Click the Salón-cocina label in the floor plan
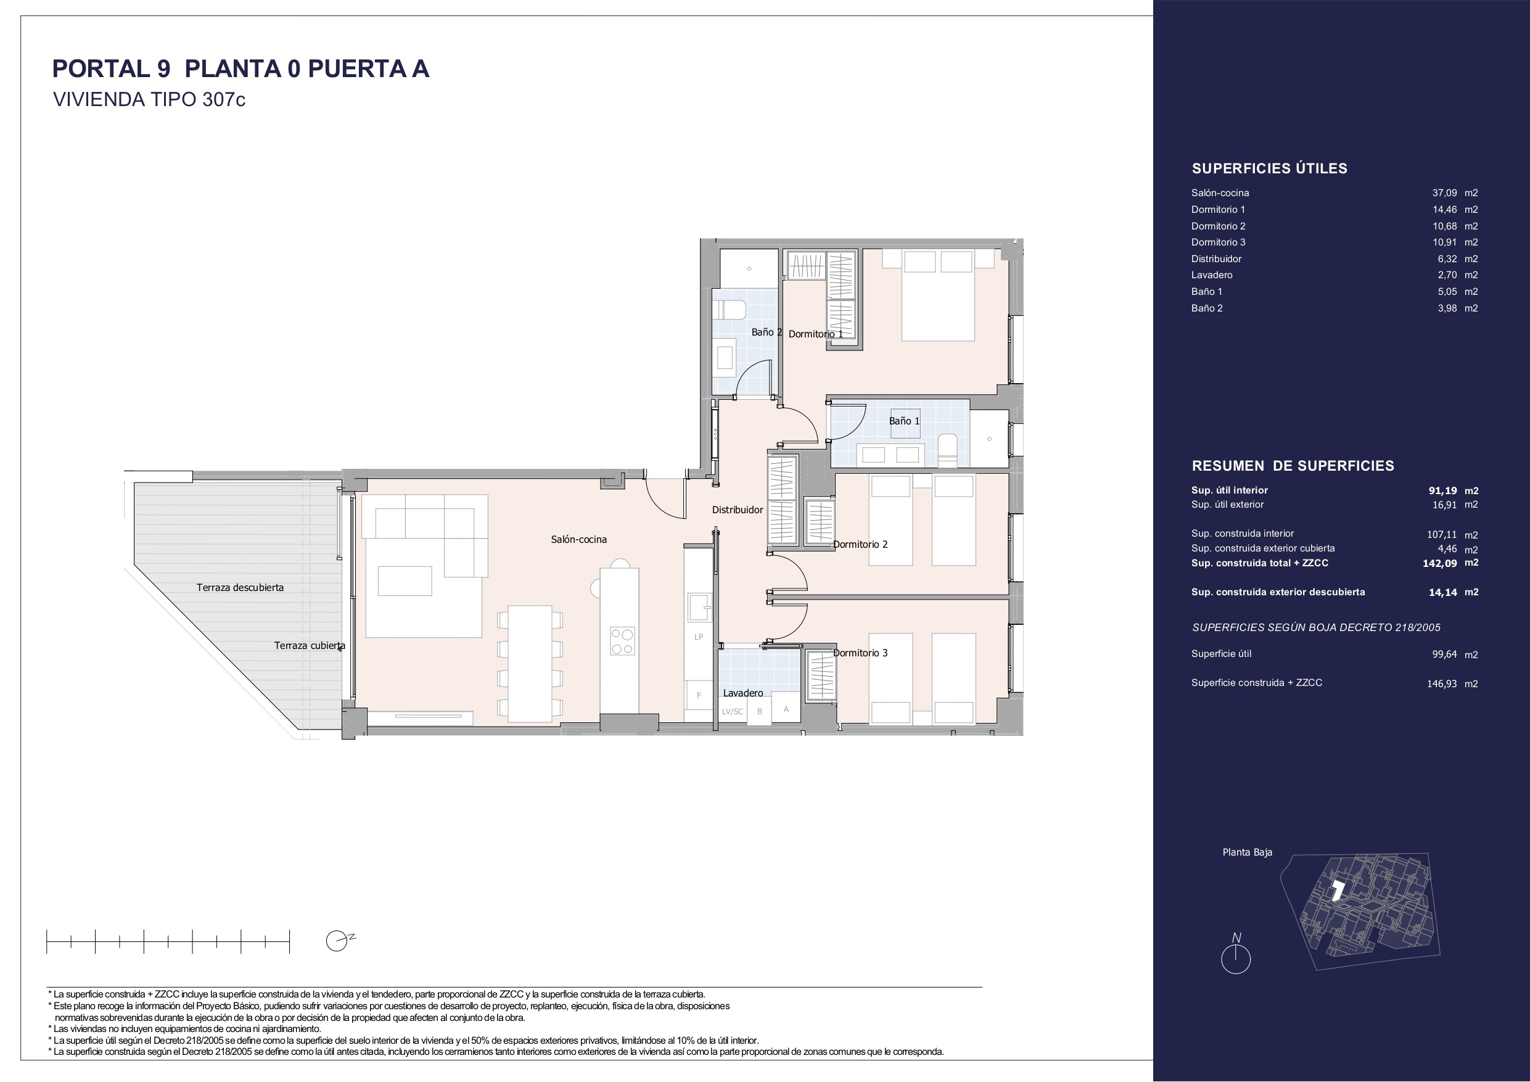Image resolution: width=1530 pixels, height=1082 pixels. tap(578, 539)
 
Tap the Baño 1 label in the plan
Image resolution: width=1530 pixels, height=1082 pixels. tap(904, 421)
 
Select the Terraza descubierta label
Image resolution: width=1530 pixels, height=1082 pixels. tap(240, 587)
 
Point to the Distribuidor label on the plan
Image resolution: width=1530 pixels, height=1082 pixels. tap(737, 510)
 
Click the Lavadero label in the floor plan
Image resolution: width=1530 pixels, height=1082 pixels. tap(743, 693)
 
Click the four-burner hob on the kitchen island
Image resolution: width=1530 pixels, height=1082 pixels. tap(622, 641)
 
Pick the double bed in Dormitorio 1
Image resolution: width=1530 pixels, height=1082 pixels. tap(938, 295)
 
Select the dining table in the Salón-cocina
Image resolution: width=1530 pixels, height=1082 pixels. tap(530, 663)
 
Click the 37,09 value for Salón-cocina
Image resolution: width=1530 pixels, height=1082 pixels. tap(1445, 192)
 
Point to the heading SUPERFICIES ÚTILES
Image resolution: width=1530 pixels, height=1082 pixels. tap(1269, 168)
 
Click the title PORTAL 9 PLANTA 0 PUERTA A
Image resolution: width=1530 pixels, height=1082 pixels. tap(241, 68)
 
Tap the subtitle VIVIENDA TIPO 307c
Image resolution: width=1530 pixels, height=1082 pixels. tap(149, 99)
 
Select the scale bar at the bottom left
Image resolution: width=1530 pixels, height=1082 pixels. tap(168, 941)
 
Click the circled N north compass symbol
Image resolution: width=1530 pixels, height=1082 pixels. tap(1235, 954)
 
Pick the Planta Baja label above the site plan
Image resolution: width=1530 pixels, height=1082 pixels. tap(1247, 852)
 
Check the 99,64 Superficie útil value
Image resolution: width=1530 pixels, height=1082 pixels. tap(1445, 655)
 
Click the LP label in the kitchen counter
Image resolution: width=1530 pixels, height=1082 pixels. tap(698, 637)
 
